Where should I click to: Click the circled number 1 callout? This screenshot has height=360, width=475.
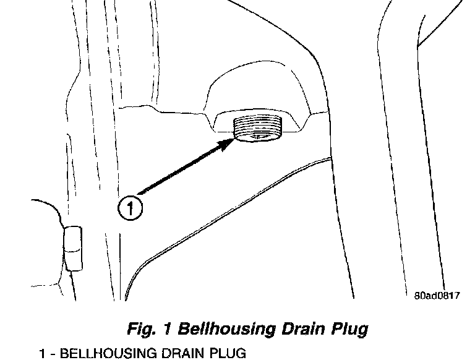pyautogui.click(x=130, y=207)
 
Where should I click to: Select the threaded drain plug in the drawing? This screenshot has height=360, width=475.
pyautogui.click(x=259, y=129)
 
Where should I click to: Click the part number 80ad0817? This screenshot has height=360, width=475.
pyautogui.click(x=437, y=295)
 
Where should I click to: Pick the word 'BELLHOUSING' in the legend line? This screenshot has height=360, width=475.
pyautogui.click(x=100, y=353)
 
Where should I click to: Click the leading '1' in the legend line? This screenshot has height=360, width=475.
pyautogui.click(x=42, y=353)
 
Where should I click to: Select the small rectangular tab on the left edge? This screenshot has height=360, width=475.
pyautogui.click(x=73, y=249)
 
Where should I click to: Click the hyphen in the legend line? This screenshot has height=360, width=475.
pyautogui.click(x=53, y=353)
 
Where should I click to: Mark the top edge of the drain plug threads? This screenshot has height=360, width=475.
pyautogui.click(x=259, y=117)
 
